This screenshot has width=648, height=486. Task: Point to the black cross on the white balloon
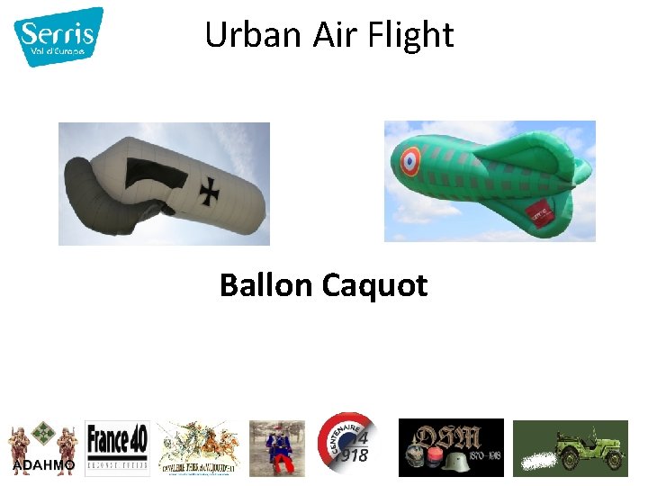pos(211,190)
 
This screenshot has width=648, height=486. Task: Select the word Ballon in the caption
pos(265,285)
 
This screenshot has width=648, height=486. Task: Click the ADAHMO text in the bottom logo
pos(44,464)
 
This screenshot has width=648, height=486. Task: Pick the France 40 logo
pos(117,446)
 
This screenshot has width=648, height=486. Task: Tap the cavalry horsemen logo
pos(198,446)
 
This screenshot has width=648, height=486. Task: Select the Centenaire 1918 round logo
pos(347,444)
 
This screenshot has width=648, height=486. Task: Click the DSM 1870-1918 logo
pos(451,447)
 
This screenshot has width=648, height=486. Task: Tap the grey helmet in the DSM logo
pos(457,460)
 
